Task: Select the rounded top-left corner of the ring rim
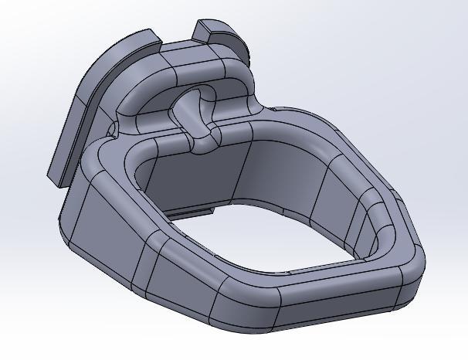click(x=100, y=158)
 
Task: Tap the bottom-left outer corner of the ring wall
click(x=70, y=239)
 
